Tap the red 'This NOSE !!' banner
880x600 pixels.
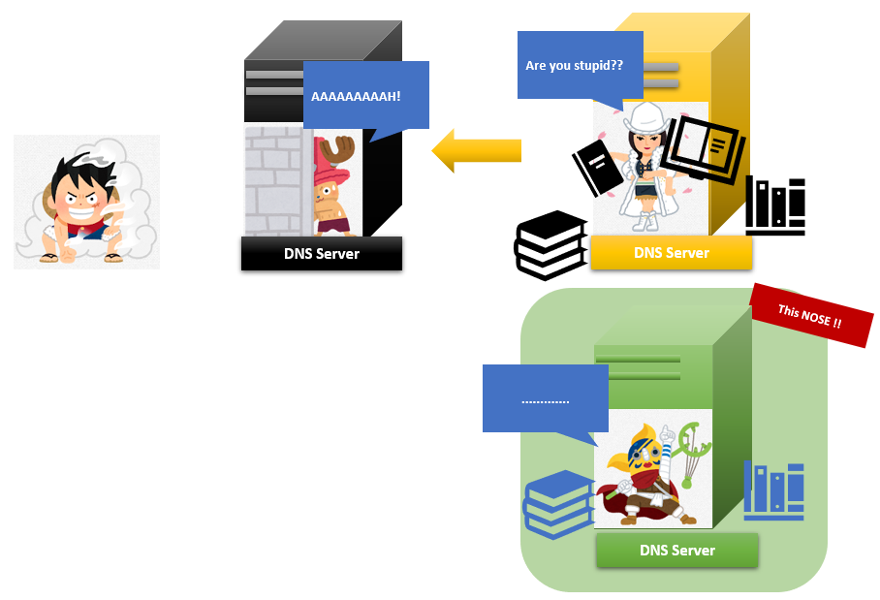click(x=812, y=315)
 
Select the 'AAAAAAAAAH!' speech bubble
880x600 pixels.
click(x=365, y=96)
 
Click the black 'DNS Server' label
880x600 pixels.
click(x=321, y=254)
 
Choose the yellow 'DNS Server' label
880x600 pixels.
click(x=671, y=253)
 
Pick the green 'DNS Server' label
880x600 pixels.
click(x=676, y=550)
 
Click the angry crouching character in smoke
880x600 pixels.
click(x=85, y=203)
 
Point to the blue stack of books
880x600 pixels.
click(x=557, y=502)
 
